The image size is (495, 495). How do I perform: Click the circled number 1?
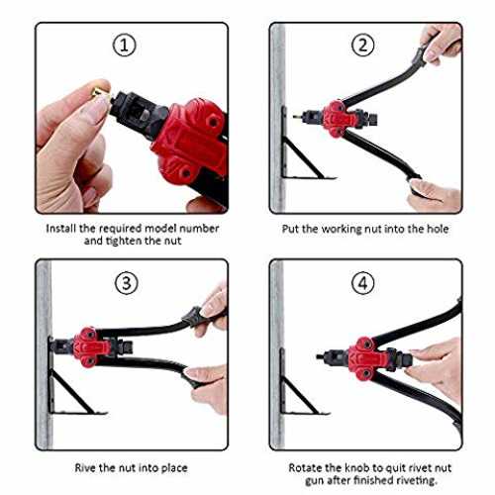pyautogui.click(x=125, y=46)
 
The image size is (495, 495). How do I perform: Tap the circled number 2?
pyautogui.click(x=362, y=46)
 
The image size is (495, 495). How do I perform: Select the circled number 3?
pyautogui.click(x=126, y=283)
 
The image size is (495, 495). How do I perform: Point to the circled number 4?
pyautogui.click(x=362, y=283)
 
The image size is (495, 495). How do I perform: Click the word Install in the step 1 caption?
pyautogui.click(x=61, y=229)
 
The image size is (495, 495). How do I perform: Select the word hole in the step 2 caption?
pyautogui.click(x=438, y=229)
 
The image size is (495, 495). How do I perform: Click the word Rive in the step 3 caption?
pyautogui.click(x=85, y=467)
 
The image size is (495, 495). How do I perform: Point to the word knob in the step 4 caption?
pyautogui.click(x=357, y=467)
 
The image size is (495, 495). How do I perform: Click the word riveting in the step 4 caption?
pyautogui.click(x=417, y=480)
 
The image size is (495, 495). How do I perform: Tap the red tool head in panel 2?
pyautogui.click(x=337, y=119)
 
